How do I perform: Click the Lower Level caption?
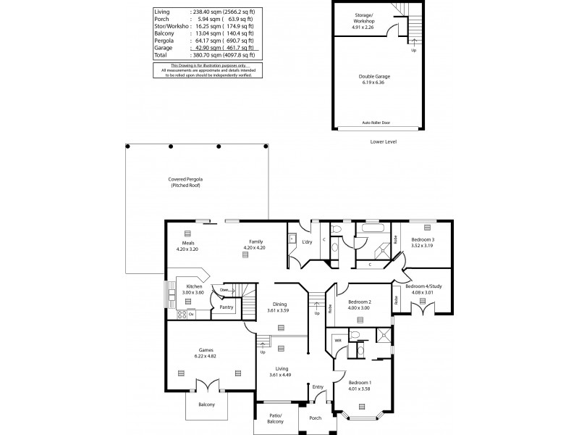click(382, 142)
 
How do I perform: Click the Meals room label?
click(187, 242)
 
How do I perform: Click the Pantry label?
click(227, 307)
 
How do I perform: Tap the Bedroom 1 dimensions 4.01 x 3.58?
click(360, 389)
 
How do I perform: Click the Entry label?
click(318, 387)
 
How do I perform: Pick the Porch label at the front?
click(315, 418)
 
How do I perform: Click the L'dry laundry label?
click(316, 241)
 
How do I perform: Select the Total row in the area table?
click(205, 55)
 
